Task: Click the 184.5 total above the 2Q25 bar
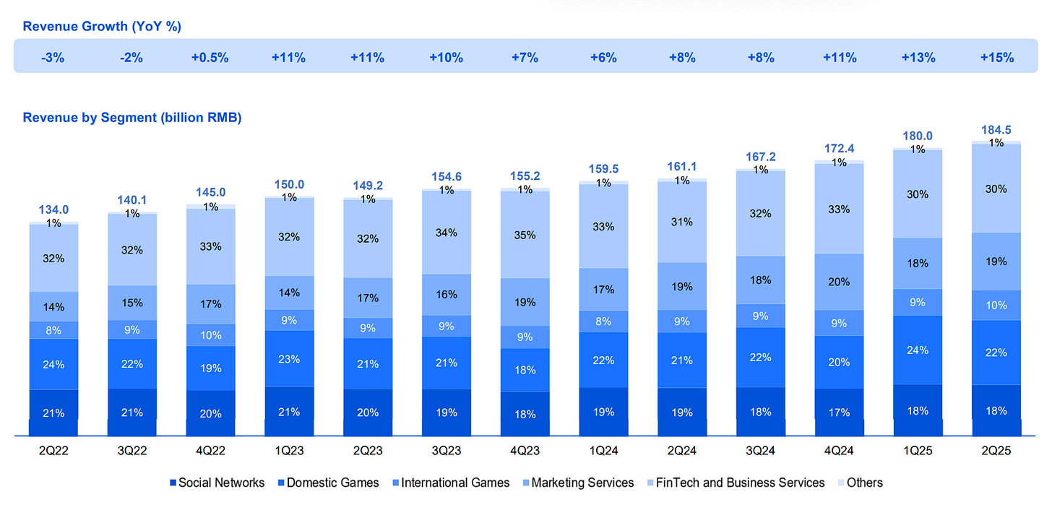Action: [996, 131]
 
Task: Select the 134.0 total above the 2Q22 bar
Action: [53, 209]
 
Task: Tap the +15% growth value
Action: [996, 58]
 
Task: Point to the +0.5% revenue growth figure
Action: [210, 58]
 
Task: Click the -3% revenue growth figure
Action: [53, 58]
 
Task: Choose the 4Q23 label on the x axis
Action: [525, 451]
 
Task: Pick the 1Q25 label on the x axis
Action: [918, 451]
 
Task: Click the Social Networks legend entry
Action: [216, 483]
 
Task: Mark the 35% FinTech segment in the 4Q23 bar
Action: [525, 235]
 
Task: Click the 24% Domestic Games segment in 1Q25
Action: [918, 350]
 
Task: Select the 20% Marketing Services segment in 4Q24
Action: [839, 282]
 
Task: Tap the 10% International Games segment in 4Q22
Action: [210, 335]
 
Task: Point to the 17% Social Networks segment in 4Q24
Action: [839, 413]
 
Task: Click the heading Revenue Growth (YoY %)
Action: [102, 27]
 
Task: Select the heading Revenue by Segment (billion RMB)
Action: [132, 117]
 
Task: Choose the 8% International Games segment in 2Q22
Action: [53, 330]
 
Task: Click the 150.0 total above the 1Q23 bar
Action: [289, 184]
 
